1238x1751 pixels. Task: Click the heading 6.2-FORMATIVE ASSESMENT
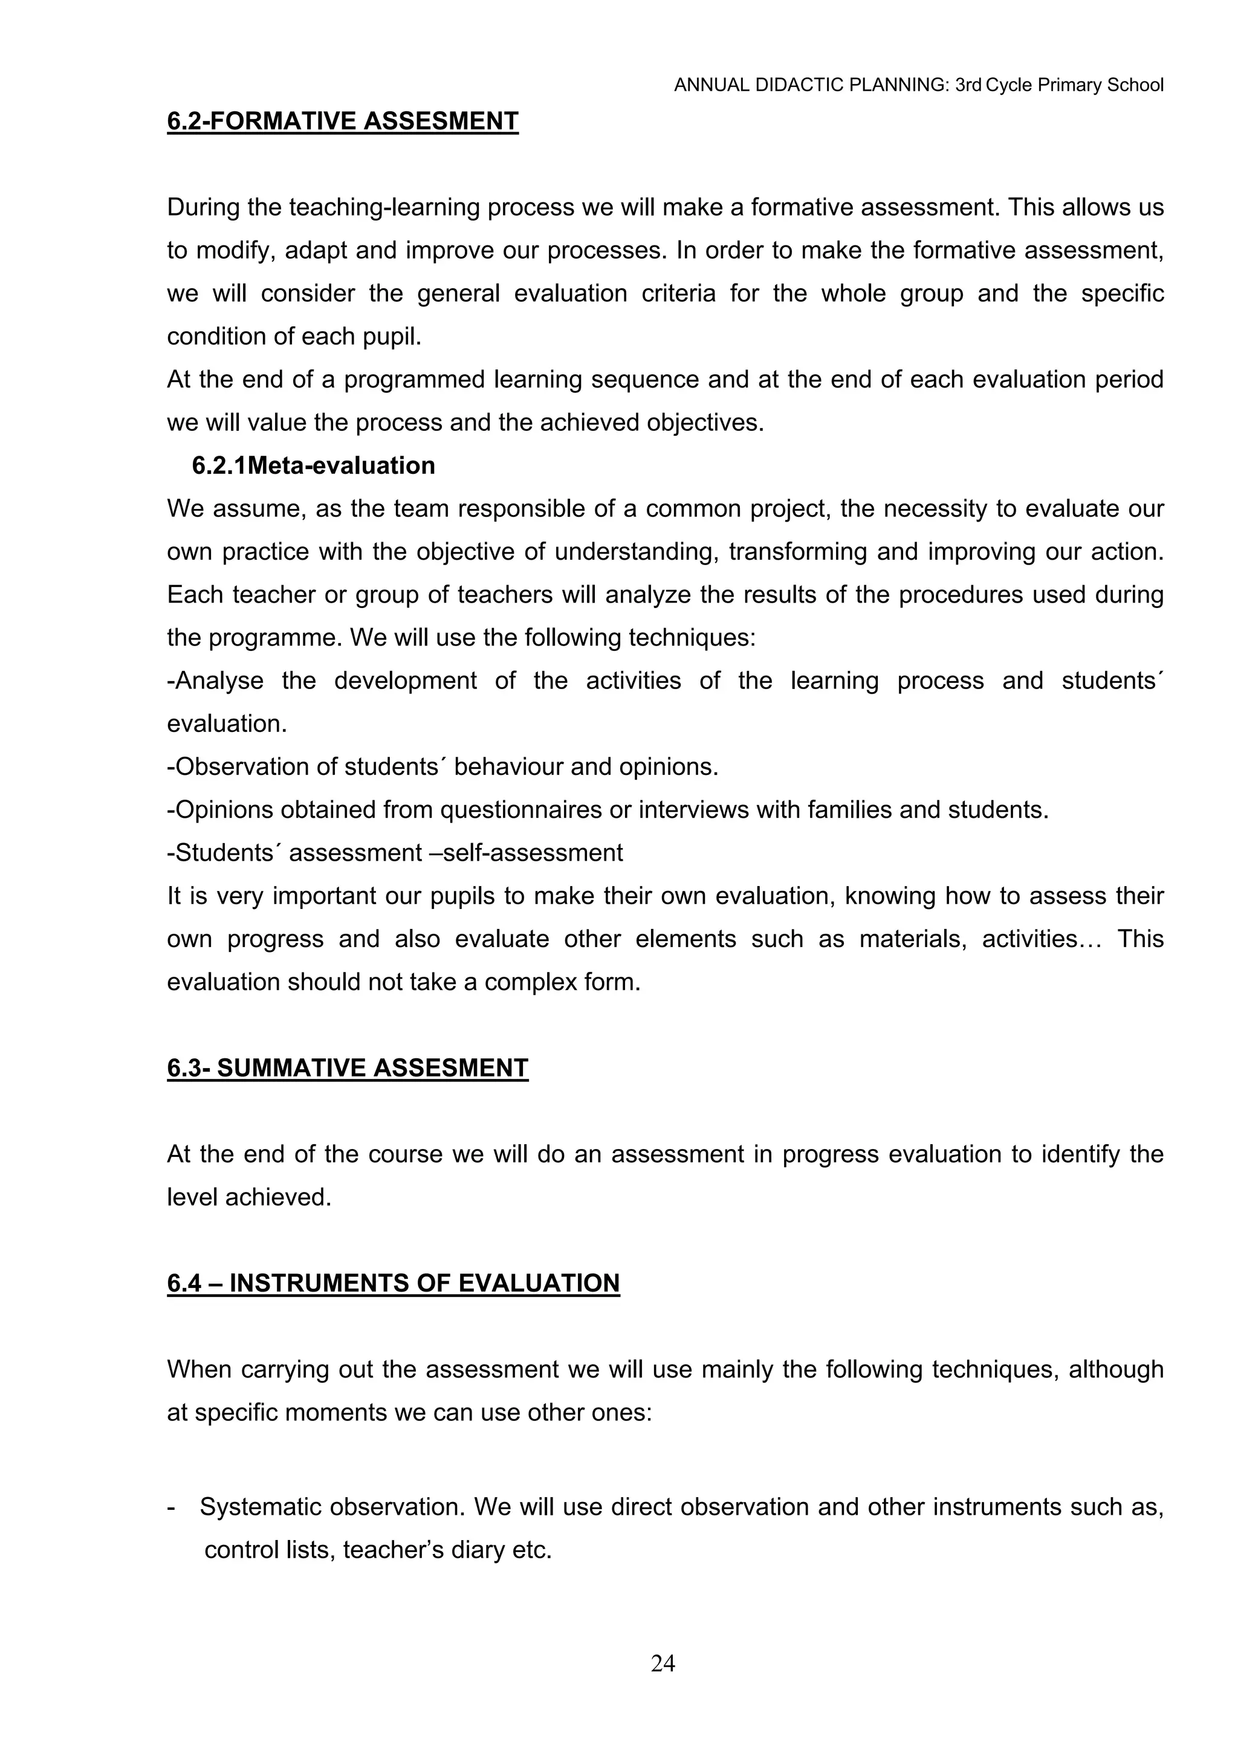point(343,121)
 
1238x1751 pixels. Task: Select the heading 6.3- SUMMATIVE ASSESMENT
point(347,1067)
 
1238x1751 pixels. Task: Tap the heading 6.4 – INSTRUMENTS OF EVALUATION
point(393,1283)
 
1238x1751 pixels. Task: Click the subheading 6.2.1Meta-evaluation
point(314,465)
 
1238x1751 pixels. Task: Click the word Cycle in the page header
point(1007,85)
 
